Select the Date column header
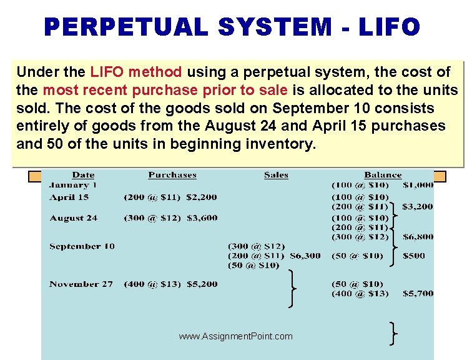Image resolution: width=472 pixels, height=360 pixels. tap(83, 175)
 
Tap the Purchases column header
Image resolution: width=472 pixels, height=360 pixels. tap(172, 175)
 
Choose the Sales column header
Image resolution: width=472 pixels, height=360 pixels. tap(276, 175)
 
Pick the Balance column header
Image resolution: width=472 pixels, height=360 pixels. tap(383, 175)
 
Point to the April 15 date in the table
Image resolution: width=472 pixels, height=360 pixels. tap(69, 197)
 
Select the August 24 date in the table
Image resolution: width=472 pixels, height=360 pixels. tap(73, 218)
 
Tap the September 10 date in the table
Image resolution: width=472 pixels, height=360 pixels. tap(82, 246)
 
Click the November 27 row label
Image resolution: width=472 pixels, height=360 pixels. tap(81, 284)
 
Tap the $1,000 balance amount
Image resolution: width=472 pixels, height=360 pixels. tap(418, 185)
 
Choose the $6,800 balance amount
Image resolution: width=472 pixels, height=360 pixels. tap(418, 237)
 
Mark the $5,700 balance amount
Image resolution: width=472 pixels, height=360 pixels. tap(418, 293)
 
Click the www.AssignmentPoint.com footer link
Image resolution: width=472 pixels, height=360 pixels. tap(235, 336)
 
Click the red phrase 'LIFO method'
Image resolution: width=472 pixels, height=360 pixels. tap(136, 72)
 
